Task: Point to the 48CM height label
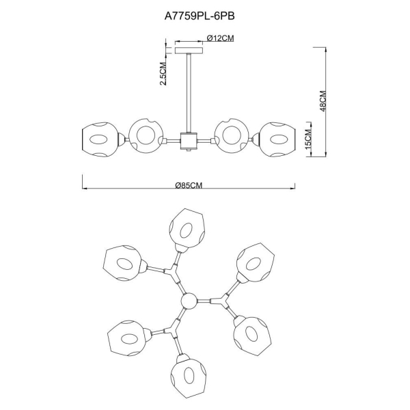click(324, 102)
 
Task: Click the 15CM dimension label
click(309, 141)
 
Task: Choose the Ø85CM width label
click(189, 185)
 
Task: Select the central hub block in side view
click(187, 141)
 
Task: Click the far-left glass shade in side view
click(100, 141)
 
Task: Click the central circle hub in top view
click(188, 300)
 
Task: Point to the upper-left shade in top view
click(123, 262)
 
